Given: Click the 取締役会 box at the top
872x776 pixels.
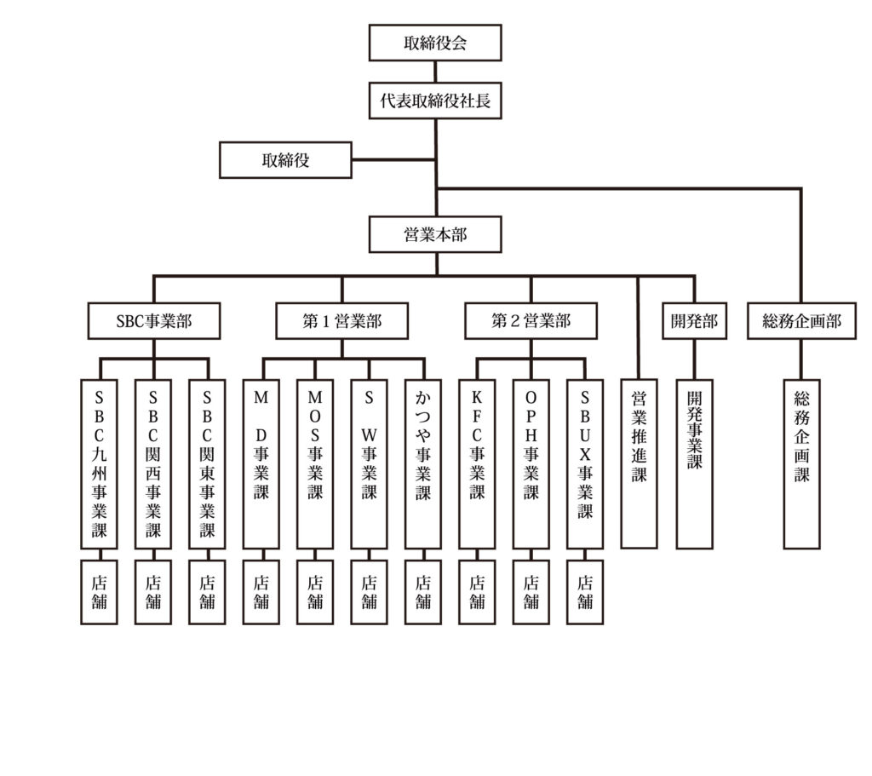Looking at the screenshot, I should coord(435,43).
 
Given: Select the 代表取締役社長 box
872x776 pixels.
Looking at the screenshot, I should coord(435,102).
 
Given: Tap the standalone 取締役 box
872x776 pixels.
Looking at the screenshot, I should coord(285,159).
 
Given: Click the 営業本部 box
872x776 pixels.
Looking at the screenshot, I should coord(435,234).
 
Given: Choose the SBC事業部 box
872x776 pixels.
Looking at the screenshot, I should coord(154,321).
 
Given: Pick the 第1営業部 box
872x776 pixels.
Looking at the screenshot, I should coord(341,321).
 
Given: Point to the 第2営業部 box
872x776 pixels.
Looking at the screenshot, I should coord(531,321).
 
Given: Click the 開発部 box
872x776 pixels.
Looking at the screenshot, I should coord(694,321).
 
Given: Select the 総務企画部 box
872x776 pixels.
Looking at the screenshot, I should coord(800,321).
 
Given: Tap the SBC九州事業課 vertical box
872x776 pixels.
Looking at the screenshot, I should coord(100,463).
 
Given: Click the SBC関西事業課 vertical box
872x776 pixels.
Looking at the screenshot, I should coord(153,463).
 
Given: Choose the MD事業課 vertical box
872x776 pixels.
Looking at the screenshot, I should coord(261,463).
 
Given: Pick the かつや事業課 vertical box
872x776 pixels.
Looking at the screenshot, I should coord(422,463).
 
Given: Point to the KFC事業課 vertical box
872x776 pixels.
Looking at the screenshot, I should coord(477,463).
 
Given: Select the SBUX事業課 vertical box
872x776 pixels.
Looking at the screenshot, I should coord(585,463).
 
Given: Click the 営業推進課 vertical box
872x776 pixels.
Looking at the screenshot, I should coord(639,462).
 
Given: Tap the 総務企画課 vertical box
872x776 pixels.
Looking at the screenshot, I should coord(801,462).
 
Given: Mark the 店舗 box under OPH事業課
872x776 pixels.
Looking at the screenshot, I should coord(531,592).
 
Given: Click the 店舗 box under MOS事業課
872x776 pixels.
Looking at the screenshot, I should coord(315,592).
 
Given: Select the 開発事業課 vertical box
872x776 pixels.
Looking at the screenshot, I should coord(695,462).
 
